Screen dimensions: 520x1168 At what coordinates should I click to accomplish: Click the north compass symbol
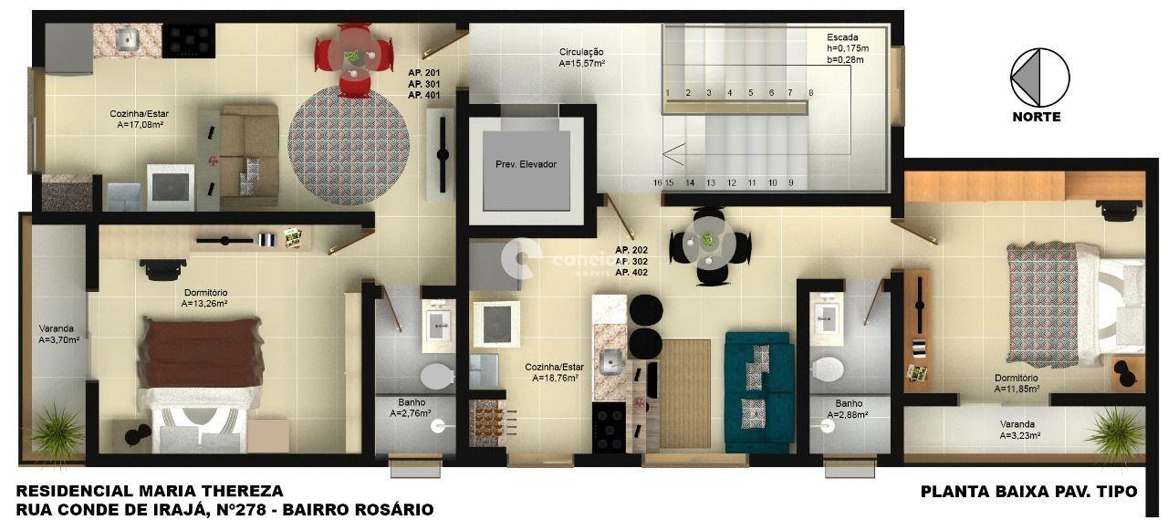tap(1039, 78)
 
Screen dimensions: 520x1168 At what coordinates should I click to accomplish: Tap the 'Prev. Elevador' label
tap(526, 164)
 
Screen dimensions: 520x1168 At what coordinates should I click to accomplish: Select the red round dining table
tap(353, 58)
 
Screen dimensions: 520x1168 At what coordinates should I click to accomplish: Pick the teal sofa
tap(758, 391)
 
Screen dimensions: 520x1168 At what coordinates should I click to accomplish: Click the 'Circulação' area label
tap(581, 52)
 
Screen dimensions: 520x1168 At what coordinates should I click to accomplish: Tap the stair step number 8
tap(810, 92)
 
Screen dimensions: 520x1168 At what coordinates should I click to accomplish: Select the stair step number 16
tap(657, 182)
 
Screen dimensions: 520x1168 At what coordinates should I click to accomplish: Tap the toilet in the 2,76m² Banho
tap(437, 375)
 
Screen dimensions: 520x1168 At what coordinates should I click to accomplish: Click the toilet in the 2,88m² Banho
tap(828, 369)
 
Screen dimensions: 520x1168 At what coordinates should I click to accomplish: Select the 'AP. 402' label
tap(631, 273)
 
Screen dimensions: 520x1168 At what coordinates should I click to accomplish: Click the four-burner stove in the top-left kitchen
tap(188, 39)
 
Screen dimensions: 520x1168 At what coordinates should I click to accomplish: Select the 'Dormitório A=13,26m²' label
tap(205, 298)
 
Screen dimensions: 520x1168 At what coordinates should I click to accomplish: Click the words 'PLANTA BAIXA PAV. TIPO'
tap(1028, 492)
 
